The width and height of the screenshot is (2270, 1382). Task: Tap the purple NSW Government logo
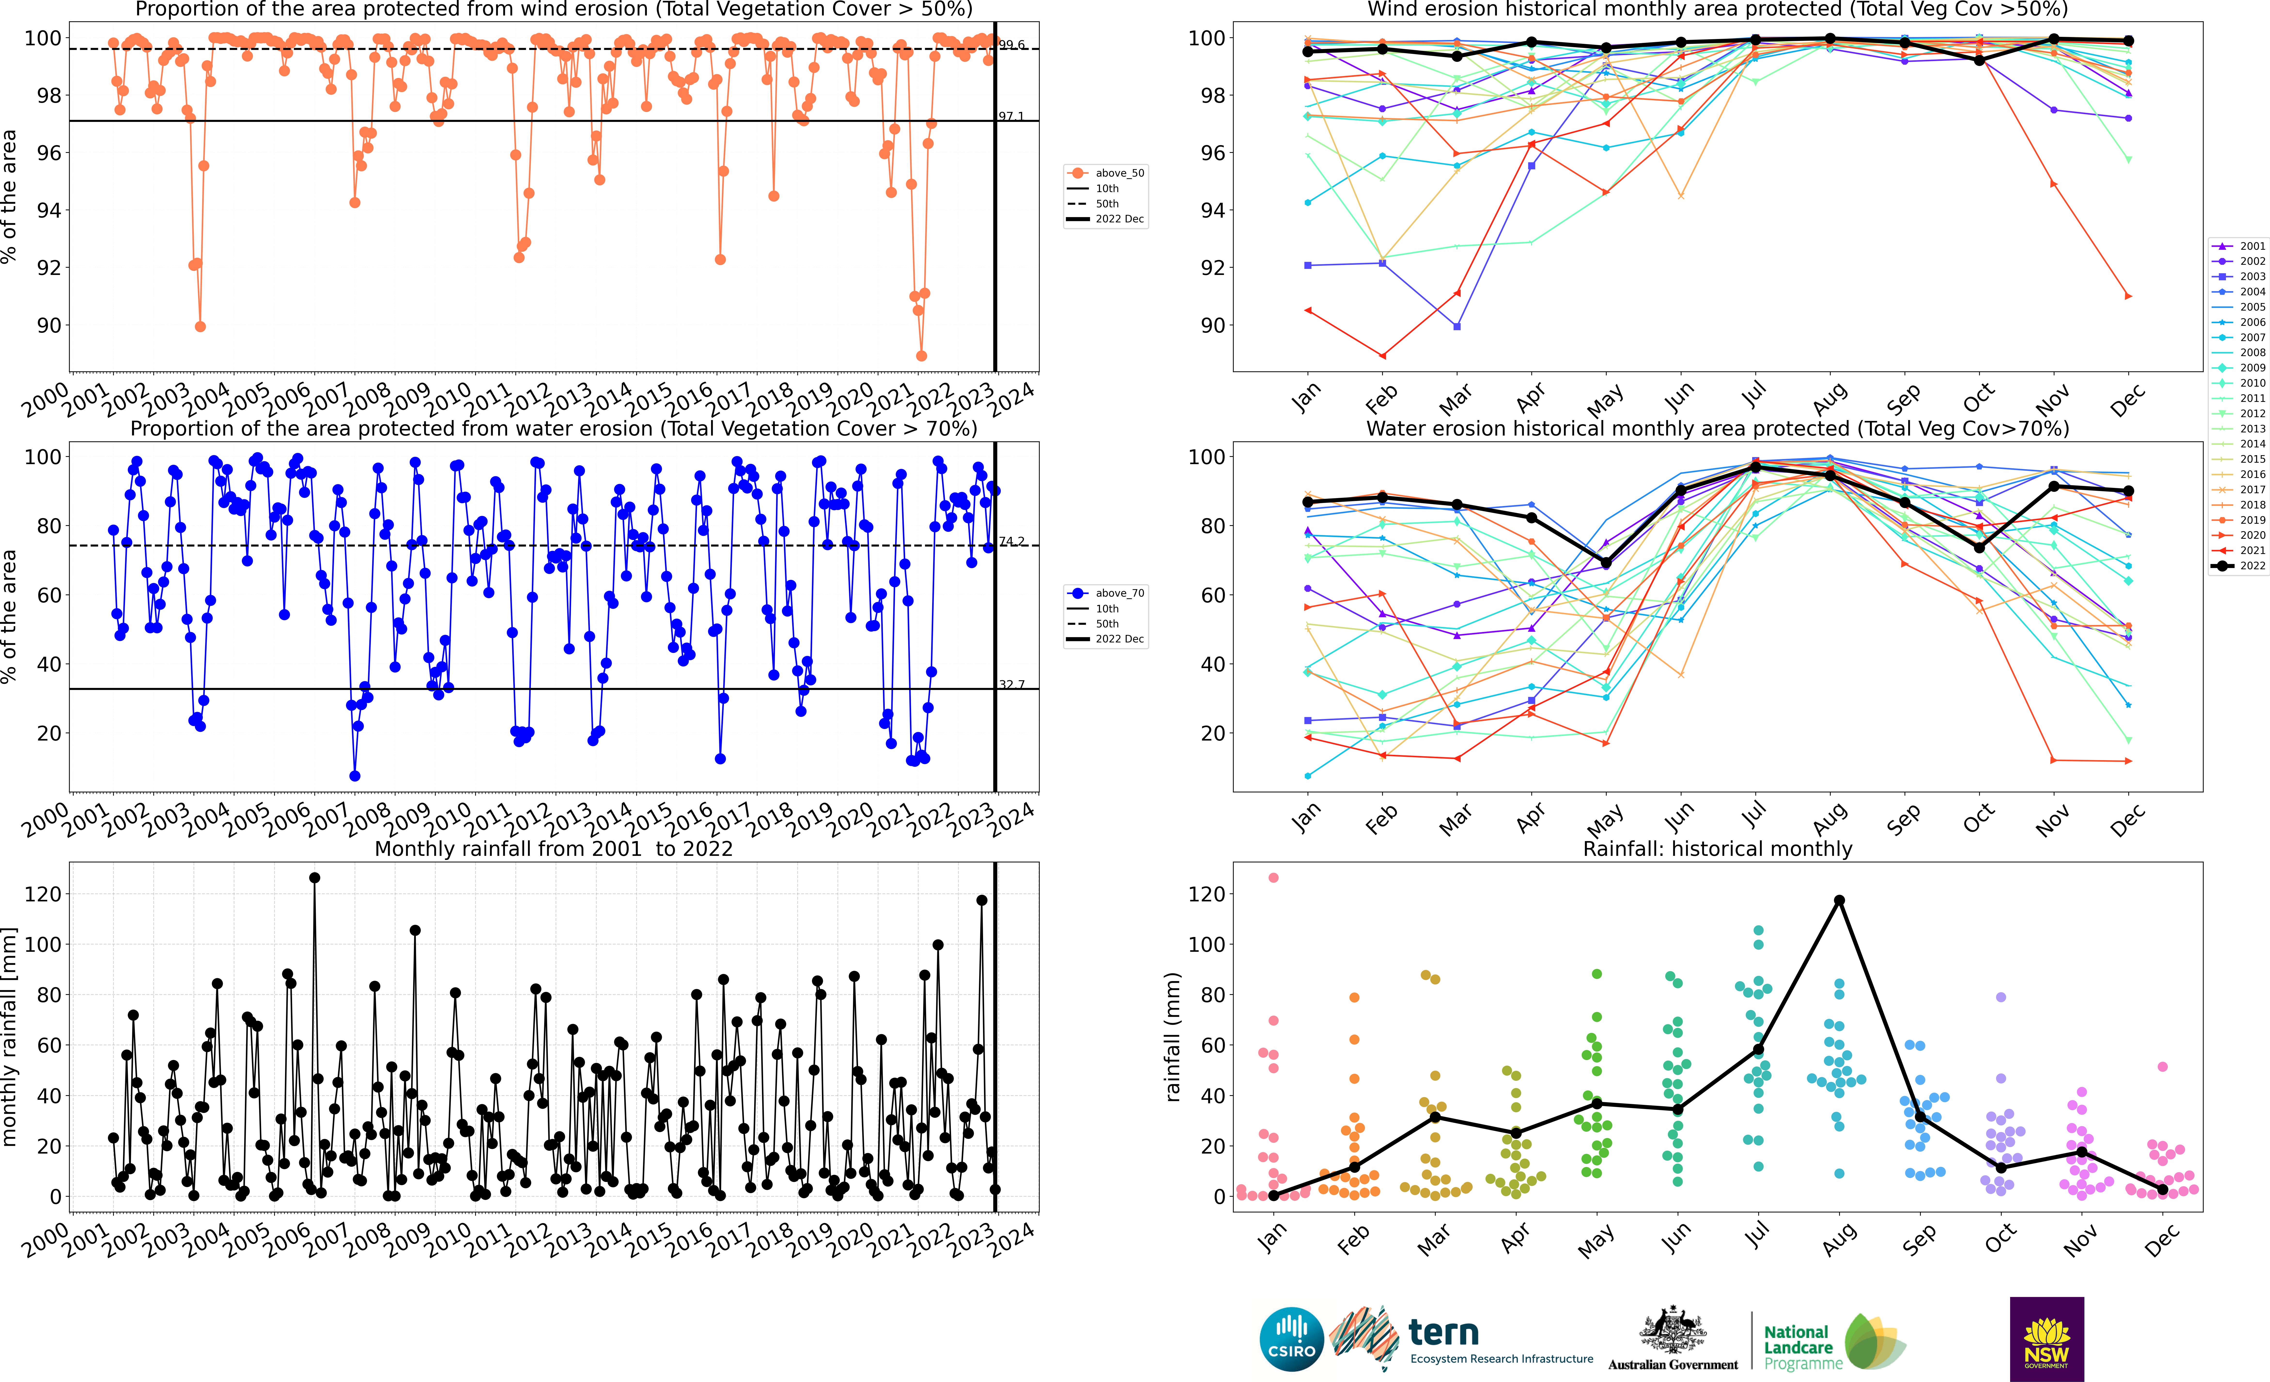(x=2046, y=1339)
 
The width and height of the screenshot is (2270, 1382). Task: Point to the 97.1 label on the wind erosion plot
(x=1011, y=116)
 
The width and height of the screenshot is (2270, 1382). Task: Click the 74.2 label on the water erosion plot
(x=1011, y=541)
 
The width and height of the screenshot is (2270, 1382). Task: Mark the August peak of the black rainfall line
(x=1839, y=900)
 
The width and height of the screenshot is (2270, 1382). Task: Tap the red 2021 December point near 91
(x=2128, y=296)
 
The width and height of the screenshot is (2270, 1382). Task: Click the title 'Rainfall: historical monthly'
(x=1717, y=849)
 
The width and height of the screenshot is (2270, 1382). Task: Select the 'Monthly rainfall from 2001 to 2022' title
(x=554, y=849)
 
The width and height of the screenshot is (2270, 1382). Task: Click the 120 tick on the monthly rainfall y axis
(x=43, y=894)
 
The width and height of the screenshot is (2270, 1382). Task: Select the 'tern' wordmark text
(x=1444, y=1332)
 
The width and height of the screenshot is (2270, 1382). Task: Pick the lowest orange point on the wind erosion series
(x=921, y=356)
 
